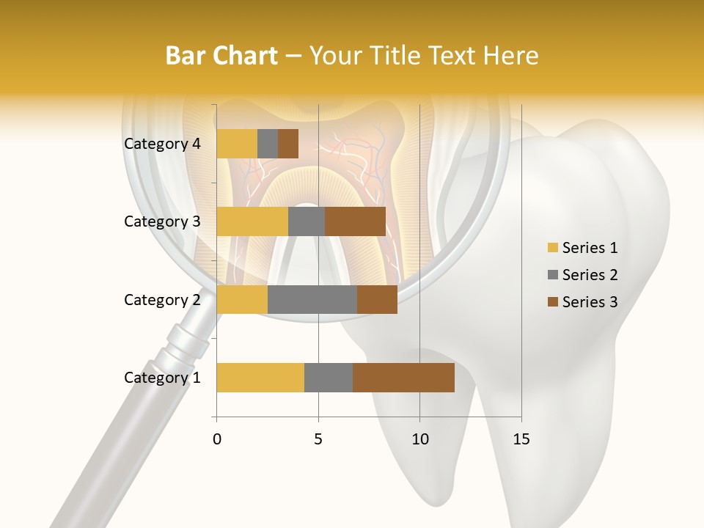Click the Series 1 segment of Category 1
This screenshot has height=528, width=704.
260,378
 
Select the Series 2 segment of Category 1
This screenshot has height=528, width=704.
329,378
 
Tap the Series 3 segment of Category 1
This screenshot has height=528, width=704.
403,378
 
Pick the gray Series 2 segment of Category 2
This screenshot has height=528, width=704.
312,299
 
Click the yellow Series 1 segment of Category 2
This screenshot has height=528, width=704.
242,299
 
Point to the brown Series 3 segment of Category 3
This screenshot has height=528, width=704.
355,221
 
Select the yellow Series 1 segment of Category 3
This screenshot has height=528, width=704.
252,221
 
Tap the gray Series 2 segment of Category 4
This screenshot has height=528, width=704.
268,144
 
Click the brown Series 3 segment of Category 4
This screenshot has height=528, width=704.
288,144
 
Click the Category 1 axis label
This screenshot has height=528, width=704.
162,378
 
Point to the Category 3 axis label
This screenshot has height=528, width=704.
162,221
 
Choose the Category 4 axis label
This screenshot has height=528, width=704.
162,144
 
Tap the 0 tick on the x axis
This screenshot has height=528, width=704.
217,439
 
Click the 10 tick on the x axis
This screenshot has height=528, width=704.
419,439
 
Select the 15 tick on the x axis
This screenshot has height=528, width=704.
521,439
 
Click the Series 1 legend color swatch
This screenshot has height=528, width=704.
552,248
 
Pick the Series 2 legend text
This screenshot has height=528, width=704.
590,275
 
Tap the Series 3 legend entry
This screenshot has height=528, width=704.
582,302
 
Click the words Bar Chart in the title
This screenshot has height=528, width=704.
221,56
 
